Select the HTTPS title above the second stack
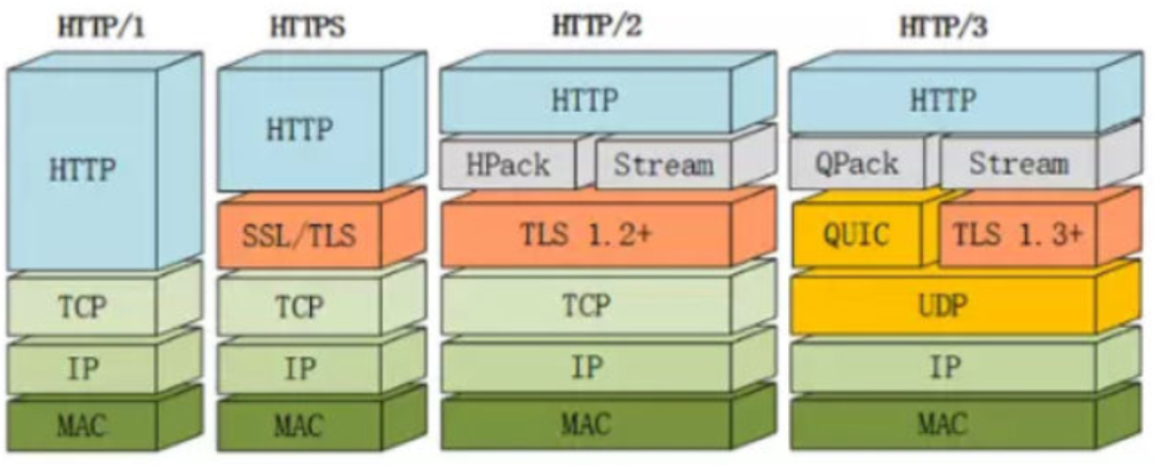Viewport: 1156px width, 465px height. pos(307,28)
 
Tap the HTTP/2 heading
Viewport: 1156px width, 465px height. pos(597,25)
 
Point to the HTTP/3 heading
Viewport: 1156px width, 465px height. pos(945,25)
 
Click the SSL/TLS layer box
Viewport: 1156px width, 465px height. pos(299,233)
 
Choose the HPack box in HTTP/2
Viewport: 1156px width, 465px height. pos(508,165)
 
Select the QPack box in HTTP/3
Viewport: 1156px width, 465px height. pos(856,165)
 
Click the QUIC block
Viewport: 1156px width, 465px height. pos(856,233)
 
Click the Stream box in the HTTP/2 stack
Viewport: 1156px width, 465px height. pos(663,165)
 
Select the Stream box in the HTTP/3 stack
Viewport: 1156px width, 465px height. pos(1019,165)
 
